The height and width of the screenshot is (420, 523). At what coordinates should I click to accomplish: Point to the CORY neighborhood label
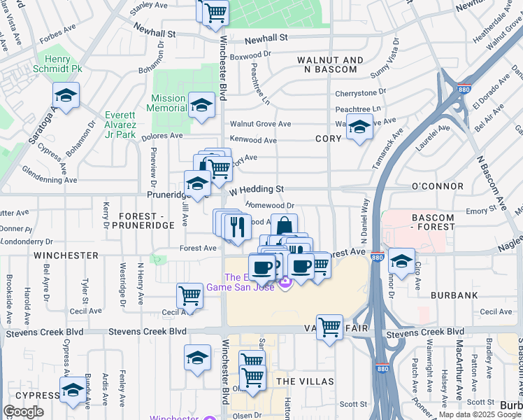pos(328,139)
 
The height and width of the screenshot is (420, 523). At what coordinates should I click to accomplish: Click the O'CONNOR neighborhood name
pos(437,186)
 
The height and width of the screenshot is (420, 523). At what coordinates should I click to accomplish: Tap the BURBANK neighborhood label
pos(454,295)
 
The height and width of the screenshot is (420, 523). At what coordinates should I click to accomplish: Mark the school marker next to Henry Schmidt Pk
pos(66,95)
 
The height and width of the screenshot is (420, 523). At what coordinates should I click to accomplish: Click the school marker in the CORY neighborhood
pos(359,127)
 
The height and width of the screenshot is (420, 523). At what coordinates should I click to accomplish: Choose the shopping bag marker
pos(284,226)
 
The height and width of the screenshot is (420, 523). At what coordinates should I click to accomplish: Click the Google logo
pos(24,412)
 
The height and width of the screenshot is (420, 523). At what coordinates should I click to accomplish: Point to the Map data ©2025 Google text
pos(480,414)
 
